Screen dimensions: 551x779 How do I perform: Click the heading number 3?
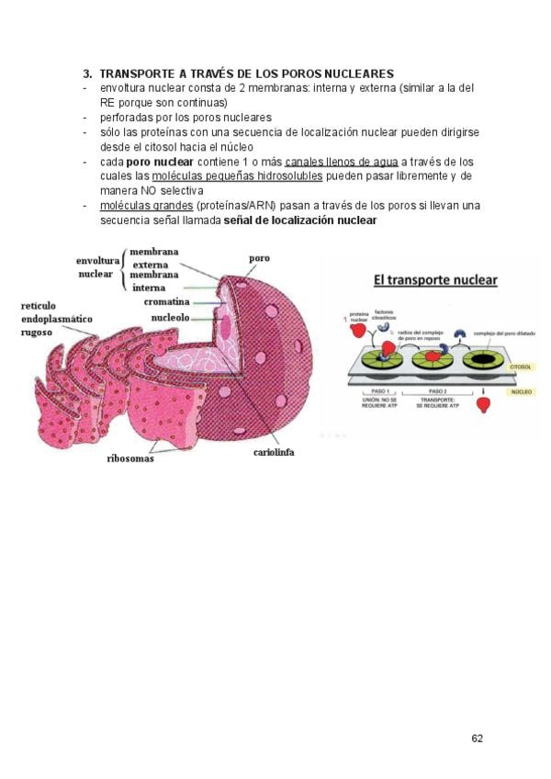[x=87, y=73]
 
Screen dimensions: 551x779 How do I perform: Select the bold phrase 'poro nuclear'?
[x=160, y=162]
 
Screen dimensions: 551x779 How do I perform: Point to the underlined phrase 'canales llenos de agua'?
[x=342, y=162]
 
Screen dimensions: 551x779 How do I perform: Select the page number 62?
[x=477, y=738]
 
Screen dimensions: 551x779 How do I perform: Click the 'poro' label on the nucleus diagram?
[x=259, y=260]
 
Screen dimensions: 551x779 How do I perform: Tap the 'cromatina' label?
[x=166, y=301]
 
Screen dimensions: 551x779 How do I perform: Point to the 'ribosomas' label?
[x=130, y=458]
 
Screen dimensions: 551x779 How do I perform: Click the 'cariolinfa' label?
[x=274, y=452]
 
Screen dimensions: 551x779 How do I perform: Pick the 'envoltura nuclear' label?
[x=95, y=267]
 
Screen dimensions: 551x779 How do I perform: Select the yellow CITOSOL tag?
[x=519, y=365]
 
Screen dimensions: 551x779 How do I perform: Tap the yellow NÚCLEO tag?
[x=520, y=391]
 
